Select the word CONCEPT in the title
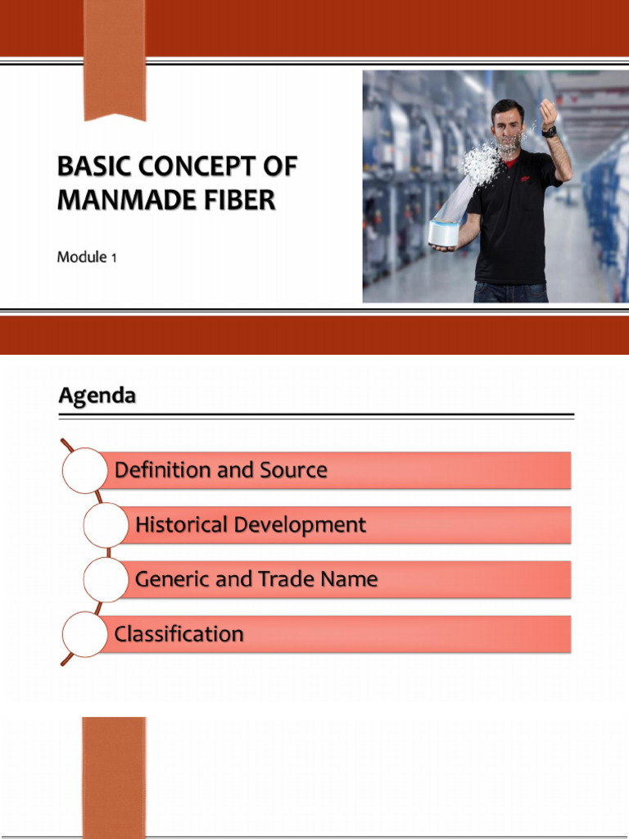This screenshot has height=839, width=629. pyautogui.click(x=197, y=166)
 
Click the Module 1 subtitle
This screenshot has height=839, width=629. pyautogui.click(x=87, y=257)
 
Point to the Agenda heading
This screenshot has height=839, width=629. pyautogui.click(x=97, y=397)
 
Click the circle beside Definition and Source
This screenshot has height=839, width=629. pyautogui.click(x=84, y=470)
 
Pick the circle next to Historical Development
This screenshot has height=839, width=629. pyautogui.click(x=106, y=525)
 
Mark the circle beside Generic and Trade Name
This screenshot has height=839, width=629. pyautogui.click(x=106, y=579)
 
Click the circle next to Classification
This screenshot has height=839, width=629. pyautogui.click(x=84, y=634)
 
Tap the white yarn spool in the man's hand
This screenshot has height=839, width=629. pyautogui.click(x=449, y=232)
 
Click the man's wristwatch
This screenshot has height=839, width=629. pyautogui.click(x=550, y=131)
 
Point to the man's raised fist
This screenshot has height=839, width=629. pyautogui.click(x=548, y=111)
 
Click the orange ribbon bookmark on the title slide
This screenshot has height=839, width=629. pyautogui.click(x=115, y=60)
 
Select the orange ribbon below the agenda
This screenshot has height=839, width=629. pyautogui.click(x=114, y=778)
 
